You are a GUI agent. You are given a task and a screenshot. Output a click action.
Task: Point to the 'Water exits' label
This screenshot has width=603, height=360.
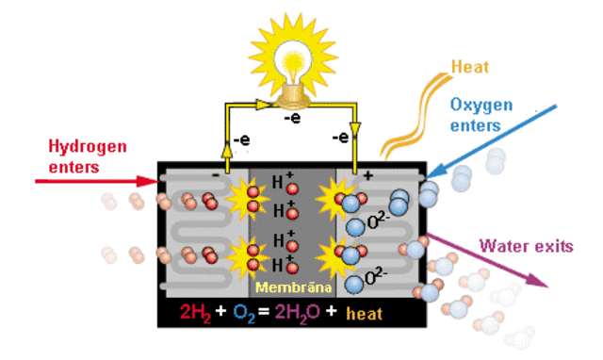click(526, 247)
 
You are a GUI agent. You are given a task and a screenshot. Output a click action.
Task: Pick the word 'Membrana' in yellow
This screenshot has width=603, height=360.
click(291, 285)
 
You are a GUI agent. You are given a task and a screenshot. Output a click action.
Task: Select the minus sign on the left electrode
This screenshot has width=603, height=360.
click(217, 176)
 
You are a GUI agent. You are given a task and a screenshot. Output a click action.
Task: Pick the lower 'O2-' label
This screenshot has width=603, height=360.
click(374, 278)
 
